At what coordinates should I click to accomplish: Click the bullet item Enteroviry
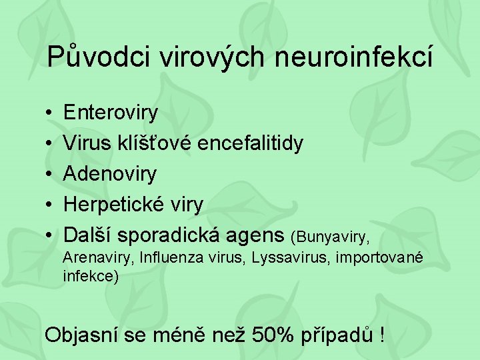[x=110, y=113]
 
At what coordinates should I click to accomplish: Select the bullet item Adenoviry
[x=110, y=174]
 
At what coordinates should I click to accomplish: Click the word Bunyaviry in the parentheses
[x=333, y=237]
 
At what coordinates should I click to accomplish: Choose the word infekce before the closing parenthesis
[x=89, y=275]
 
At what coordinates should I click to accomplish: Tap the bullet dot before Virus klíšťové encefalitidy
[x=50, y=143]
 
